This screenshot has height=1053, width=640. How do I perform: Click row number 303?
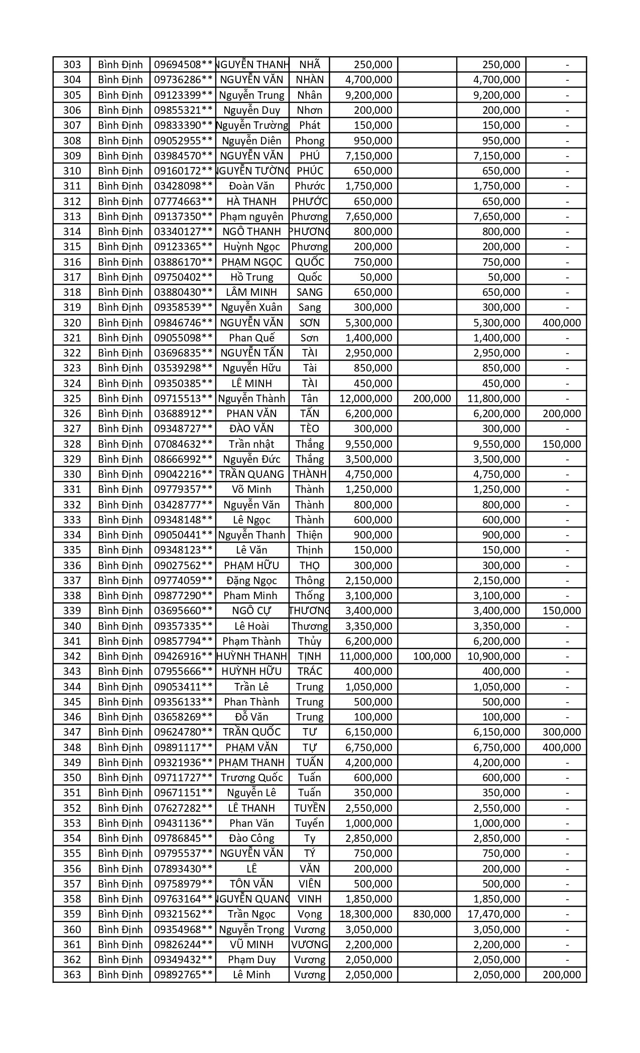click(72, 65)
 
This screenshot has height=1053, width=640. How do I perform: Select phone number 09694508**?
click(183, 65)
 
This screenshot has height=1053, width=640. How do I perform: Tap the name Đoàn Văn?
click(251, 186)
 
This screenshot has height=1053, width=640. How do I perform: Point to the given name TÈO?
click(310, 429)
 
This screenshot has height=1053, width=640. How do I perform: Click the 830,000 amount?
click(432, 914)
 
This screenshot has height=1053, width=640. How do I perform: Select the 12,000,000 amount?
click(365, 399)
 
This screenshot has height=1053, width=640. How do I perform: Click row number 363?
click(72, 975)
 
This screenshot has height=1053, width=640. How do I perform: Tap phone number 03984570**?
click(183, 156)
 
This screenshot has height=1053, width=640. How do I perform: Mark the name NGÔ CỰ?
click(251, 611)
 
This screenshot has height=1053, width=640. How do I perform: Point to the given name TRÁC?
click(310, 671)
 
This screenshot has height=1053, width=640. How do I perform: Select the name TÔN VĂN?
click(251, 884)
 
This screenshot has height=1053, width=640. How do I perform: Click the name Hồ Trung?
click(251, 277)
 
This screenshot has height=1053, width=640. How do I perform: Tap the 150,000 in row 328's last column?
click(561, 444)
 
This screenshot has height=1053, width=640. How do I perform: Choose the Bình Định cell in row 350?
click(120, 778)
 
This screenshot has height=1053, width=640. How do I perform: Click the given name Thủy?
click(310, 641)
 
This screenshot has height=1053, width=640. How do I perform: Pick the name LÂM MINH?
click(251, 292)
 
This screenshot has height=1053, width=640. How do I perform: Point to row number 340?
click(72, 626)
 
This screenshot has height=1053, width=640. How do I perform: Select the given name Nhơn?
click(310, 110)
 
